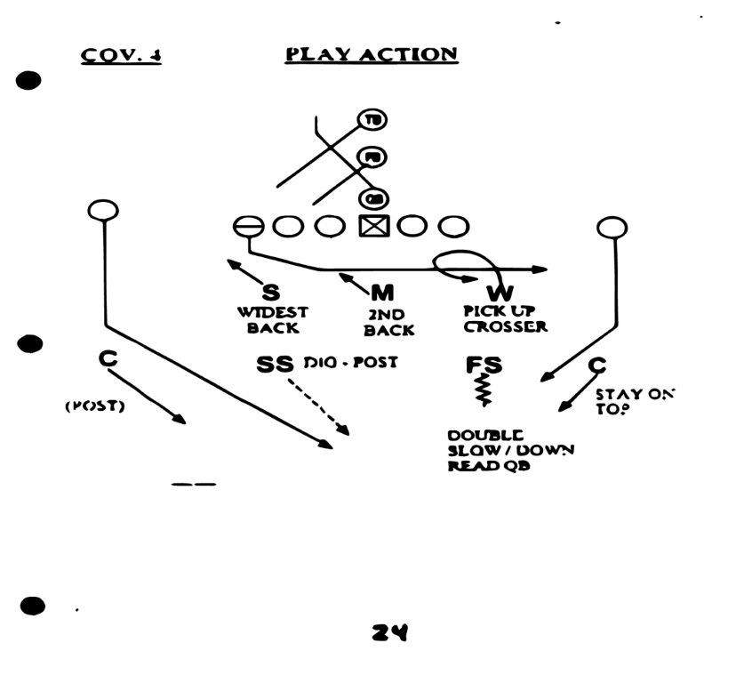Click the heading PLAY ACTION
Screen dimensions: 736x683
tap(371, 54)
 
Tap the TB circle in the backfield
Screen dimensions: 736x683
tap(372, 119)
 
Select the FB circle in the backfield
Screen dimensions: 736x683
tap(372, 157)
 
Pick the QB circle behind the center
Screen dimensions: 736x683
tap(372, 198)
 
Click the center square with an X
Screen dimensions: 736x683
tap(372, 226)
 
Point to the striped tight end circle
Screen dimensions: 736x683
tap(247, 226)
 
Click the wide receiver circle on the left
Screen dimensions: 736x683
tap(103, 210)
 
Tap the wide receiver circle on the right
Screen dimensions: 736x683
tap(612, 227)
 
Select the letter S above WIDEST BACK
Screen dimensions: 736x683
tap(271, 293)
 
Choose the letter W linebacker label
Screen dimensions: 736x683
tap(500, 293)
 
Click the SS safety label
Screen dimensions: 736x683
tap(274, 365)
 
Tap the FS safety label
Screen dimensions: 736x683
tap(484, 365)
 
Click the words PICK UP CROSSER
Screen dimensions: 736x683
tap(504, 319)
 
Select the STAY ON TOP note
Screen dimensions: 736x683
tap(634, 403)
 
